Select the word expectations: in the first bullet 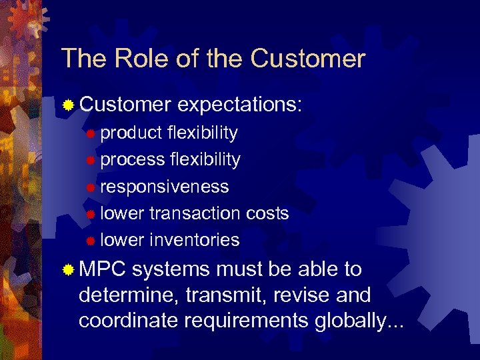tap(241, 105)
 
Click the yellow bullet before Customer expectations tap(68, 105)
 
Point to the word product tap(131, 133)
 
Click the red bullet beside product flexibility tap(91, 134)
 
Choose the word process tap(133, 160)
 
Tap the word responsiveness tap(165, 187)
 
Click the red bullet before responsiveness tap(91, 187)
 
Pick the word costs tap(267, 213)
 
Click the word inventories tap(195, 240)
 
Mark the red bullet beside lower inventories tap(91, 241)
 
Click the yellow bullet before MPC tap(68, 270)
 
